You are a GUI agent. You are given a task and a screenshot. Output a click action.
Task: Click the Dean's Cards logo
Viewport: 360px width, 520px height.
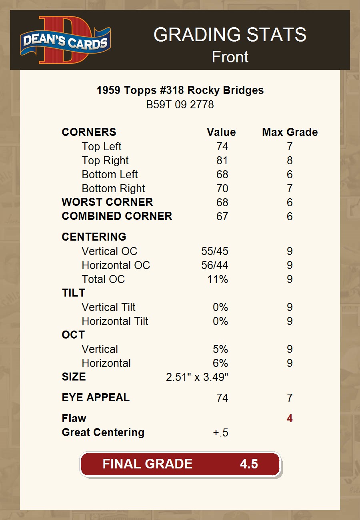click(65, 40)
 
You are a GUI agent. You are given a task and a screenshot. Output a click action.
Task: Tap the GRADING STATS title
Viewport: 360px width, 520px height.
click(230, 35)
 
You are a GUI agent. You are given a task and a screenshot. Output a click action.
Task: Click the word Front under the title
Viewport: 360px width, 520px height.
click(230, 57)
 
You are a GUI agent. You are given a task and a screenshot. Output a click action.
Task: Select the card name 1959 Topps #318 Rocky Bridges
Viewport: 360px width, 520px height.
click(180, 90)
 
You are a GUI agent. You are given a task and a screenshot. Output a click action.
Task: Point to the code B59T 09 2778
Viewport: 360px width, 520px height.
click(180, 105)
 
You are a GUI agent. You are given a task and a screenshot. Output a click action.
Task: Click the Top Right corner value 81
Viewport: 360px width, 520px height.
click(222, 161)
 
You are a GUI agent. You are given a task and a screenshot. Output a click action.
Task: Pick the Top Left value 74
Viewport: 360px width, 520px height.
click(222, 147)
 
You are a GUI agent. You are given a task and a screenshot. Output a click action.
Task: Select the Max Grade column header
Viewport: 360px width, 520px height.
click(290, 132)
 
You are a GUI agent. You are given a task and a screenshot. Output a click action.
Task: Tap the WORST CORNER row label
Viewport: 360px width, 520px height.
click(107, 202)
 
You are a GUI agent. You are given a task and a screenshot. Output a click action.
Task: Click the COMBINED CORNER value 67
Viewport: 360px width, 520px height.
click(222, 217)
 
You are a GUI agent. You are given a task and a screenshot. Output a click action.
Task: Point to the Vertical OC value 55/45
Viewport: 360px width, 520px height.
click(215, 251)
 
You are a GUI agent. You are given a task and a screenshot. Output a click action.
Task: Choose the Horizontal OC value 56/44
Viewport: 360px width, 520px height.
click(215, 265)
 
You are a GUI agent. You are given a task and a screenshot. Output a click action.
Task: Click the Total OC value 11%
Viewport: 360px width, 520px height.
click(218, 279)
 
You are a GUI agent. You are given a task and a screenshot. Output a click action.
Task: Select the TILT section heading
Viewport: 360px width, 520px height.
click(74, 293)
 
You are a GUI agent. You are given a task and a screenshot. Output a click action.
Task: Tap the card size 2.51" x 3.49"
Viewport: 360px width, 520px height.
click(197, 377)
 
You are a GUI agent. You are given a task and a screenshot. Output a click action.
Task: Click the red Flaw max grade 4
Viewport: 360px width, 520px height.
click(290, 418)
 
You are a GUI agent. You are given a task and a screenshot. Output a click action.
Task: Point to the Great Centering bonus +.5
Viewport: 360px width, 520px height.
click(221, 432)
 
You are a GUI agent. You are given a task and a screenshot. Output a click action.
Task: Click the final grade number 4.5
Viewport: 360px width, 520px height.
click(249, 464)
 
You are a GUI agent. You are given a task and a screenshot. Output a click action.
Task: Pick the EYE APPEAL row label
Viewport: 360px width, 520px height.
click(96, 398)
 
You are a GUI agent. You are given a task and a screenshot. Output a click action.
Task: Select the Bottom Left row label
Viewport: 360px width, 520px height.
click(110, 175)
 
